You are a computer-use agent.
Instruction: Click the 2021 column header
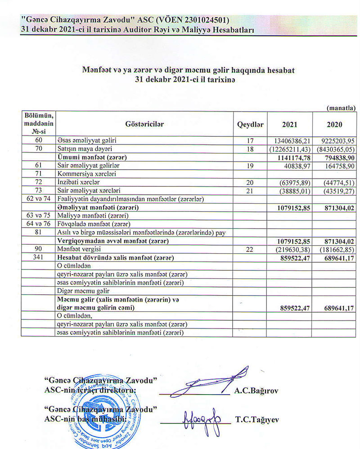click(289, 125)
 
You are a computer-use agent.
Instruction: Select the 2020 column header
click(334, 125)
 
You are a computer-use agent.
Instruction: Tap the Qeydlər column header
click(250, 125)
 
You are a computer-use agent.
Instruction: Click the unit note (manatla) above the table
click(342, 108)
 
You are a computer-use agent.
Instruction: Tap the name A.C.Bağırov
click(256, 391)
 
